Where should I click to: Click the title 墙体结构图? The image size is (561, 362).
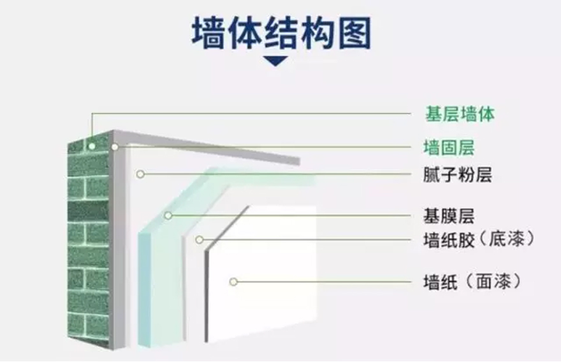tap(281, 33)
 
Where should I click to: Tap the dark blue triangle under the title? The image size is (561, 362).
tap(275, 61)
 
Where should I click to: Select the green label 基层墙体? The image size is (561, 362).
tap(460, 114)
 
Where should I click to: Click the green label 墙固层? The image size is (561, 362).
tap(449, 147)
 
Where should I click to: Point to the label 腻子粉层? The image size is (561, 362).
tap(458, 174)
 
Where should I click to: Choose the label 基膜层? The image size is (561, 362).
tap(449, 216)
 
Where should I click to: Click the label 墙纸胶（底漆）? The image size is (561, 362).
tap(479, 239)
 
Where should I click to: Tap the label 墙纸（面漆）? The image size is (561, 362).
tap(472, 282)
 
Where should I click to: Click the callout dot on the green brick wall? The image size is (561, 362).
tap(92, 146)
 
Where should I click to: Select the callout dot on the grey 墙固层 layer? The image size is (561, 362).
tap(115, 147)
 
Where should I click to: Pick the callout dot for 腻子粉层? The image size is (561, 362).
tap(140, 174)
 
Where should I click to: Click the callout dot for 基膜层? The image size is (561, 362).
tap(168, 215)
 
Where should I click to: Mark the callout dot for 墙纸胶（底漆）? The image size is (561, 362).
tap(200, 240)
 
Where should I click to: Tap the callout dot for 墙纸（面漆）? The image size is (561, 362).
tap(233, 282)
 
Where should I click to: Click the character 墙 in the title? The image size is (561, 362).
tap(208, 33)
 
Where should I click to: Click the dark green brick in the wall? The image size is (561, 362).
tap(89, 211)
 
